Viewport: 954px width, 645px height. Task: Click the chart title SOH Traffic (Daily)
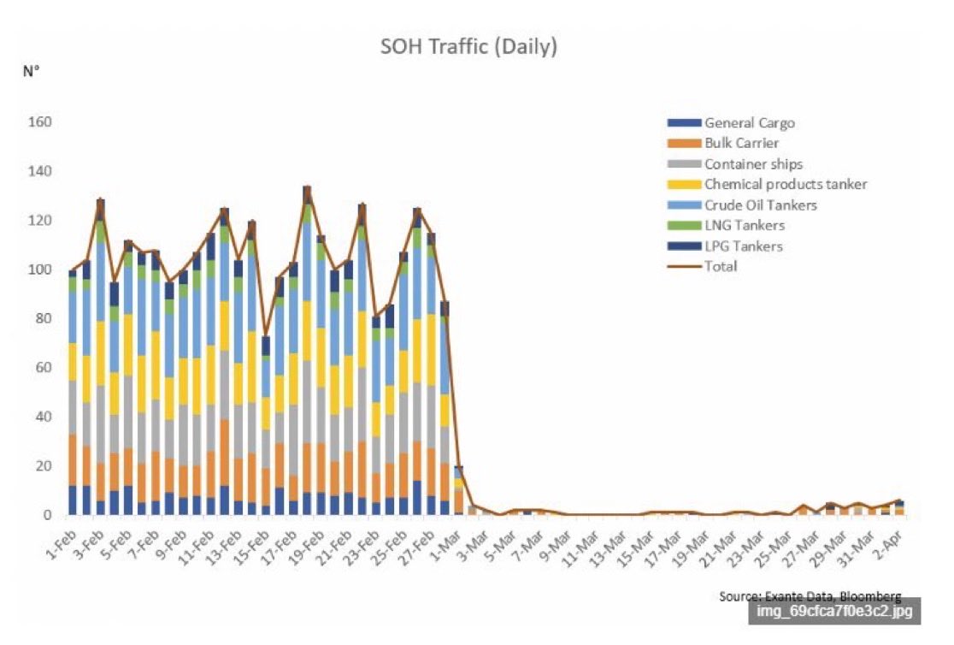468,46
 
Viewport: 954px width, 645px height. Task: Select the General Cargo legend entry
749,123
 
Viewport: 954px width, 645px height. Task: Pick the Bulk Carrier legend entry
741,144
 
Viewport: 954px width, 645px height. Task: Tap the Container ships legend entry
753,164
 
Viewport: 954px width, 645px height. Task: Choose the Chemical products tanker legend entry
786,185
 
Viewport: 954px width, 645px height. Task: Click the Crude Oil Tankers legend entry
760,205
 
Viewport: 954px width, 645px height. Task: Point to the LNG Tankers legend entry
744,226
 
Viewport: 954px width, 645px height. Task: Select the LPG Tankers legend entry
743,246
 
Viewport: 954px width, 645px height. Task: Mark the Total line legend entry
721,266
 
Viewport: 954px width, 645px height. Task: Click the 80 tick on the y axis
46,319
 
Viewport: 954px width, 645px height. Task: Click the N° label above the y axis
32,71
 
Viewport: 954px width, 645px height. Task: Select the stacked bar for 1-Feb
74,393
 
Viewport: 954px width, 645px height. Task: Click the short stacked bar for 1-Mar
459,491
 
